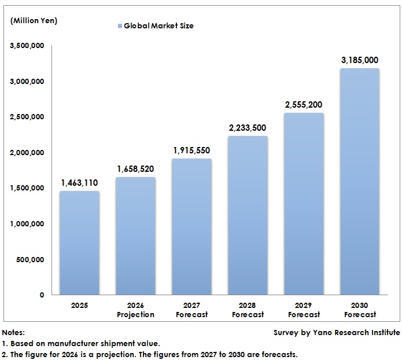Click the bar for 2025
(79, 243)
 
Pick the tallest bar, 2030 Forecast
(360, 182)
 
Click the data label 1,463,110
(79, 183)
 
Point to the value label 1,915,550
(191, 150)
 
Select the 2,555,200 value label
(304, 105)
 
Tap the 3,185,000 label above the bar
(360, 60)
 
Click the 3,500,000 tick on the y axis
(27, 46)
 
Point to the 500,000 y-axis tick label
(31, 259)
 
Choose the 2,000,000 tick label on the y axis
(27, 153)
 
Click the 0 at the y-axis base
(42, 295)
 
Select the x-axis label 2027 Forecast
(191, 310)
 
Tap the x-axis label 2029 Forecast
(304, 310)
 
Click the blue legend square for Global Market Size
(120, 26)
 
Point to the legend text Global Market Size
(158, 26)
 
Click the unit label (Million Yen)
(34, 21)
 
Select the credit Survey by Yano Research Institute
(337, 332)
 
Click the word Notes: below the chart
(13, 332)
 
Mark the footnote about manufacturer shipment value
(81, 343)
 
